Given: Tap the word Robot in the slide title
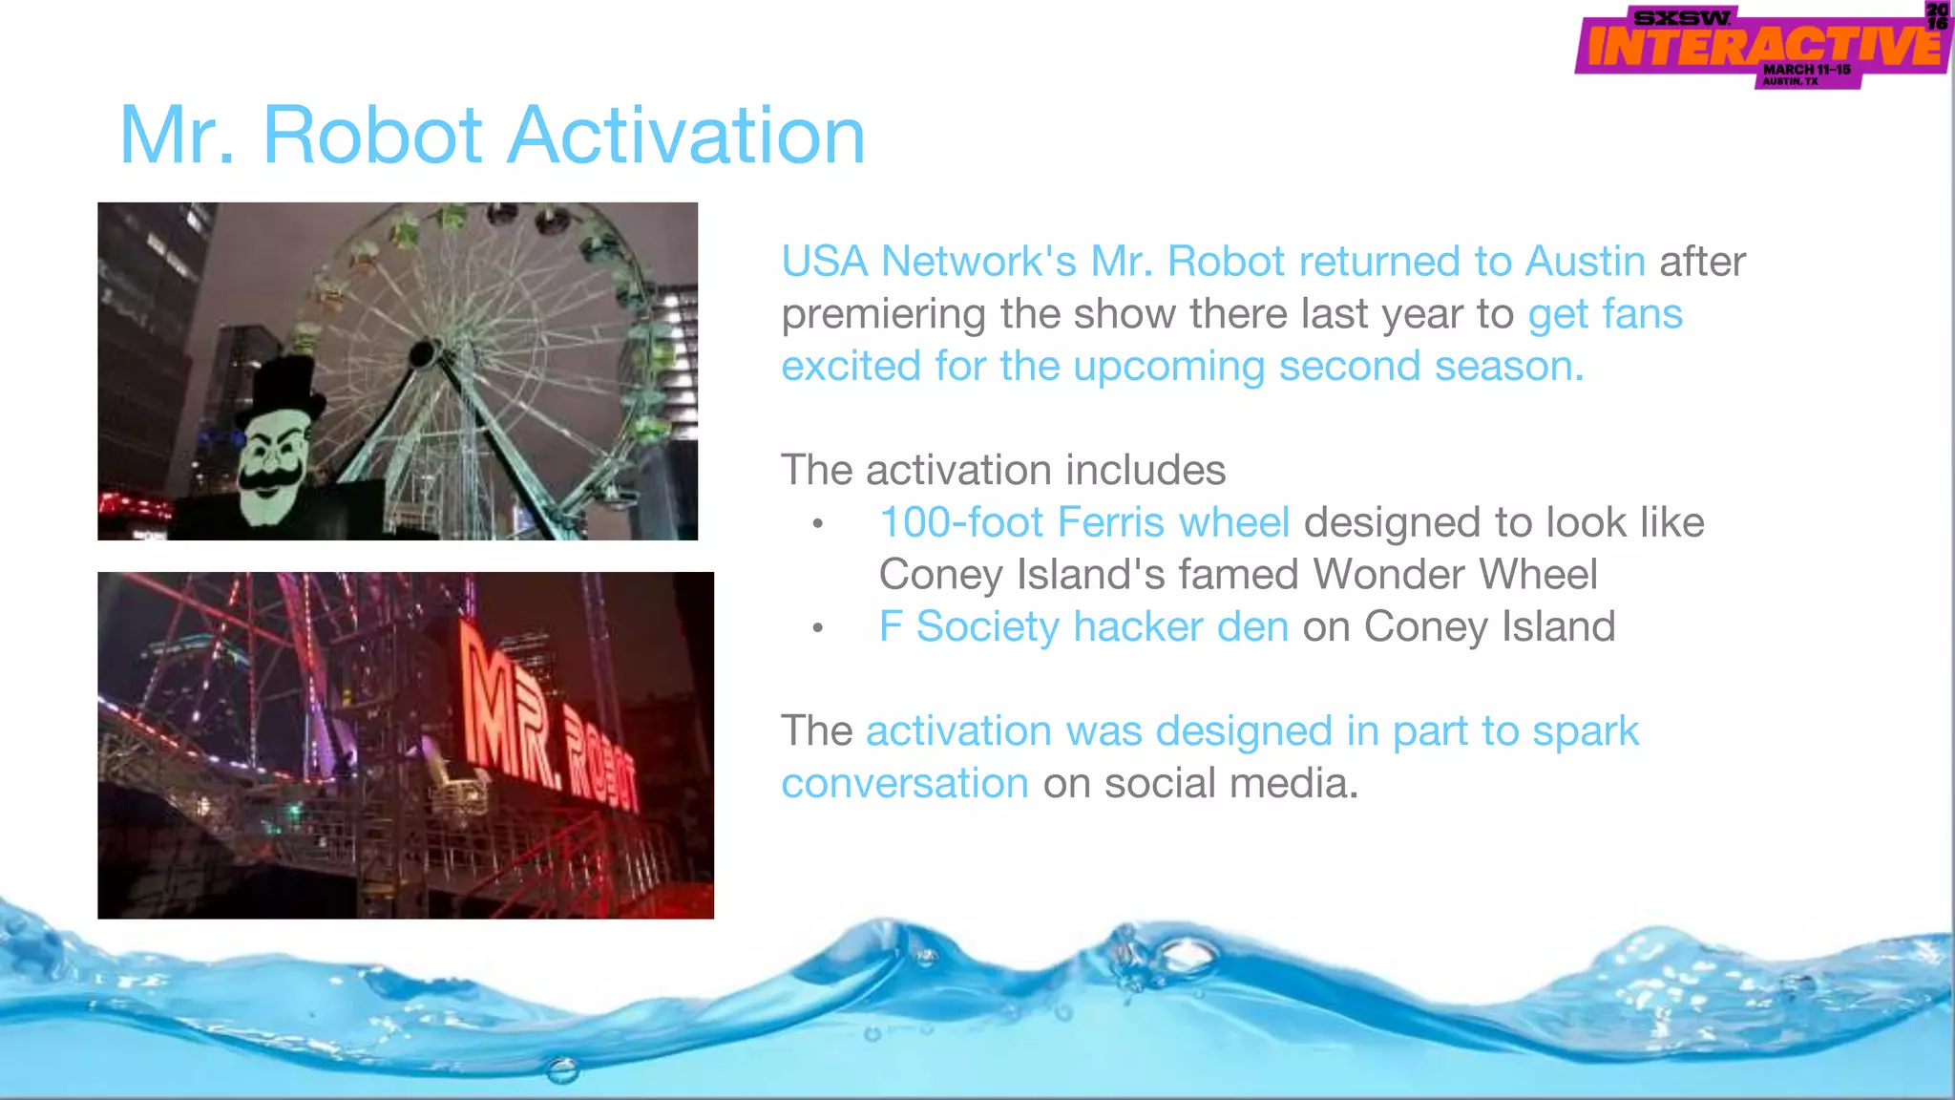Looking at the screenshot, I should tap(372, 136).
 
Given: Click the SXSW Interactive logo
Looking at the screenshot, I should tap(1761, 46).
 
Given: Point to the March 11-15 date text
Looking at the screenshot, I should tap(1806, 70).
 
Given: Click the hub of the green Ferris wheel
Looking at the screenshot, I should tap(422, 355).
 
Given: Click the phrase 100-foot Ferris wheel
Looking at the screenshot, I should tap(1083, 522).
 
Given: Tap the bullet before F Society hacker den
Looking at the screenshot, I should tap(817, 628).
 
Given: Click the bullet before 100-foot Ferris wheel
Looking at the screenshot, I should tap(817, 524).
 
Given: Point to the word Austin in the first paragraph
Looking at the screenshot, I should tap(1585, 262).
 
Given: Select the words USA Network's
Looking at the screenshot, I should tap(928, 262).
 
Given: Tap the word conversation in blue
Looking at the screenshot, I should tap(904, 784).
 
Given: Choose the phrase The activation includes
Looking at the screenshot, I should tap(1002, 470).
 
